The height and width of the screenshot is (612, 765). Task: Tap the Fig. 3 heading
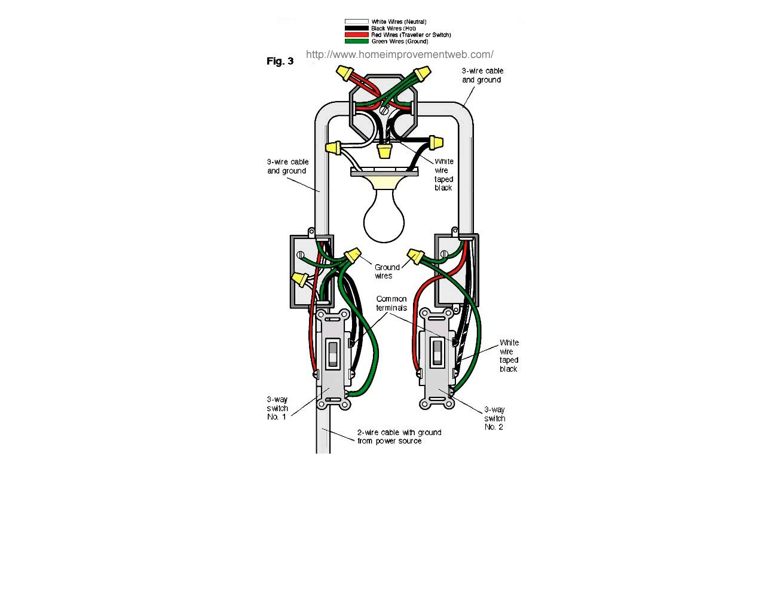click(x=280, y=61)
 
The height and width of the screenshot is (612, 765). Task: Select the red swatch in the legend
click(x=356, y=35)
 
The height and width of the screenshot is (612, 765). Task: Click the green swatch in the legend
click(x=356, y=41)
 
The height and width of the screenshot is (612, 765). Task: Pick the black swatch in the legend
click(x=356, y=28)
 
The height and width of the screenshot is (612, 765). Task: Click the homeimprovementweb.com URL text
click(x=400, y=54)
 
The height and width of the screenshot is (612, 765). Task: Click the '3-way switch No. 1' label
click(x=277, y=408)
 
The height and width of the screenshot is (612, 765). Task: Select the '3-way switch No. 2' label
click(x=494, y=418)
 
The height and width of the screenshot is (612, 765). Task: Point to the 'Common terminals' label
click(x=391, y=304)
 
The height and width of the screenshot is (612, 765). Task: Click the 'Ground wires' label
click(x=387, y=271)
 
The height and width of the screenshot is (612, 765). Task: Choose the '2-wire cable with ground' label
click(x=399, y=432)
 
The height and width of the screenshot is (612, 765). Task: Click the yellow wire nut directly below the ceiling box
click(x=383, y=151)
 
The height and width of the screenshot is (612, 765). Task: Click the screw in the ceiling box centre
click(x=384, y=110)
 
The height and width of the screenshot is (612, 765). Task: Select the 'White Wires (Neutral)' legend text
click(x=399, y=22)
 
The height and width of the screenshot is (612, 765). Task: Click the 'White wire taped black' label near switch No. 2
click(x=509, y=356)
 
